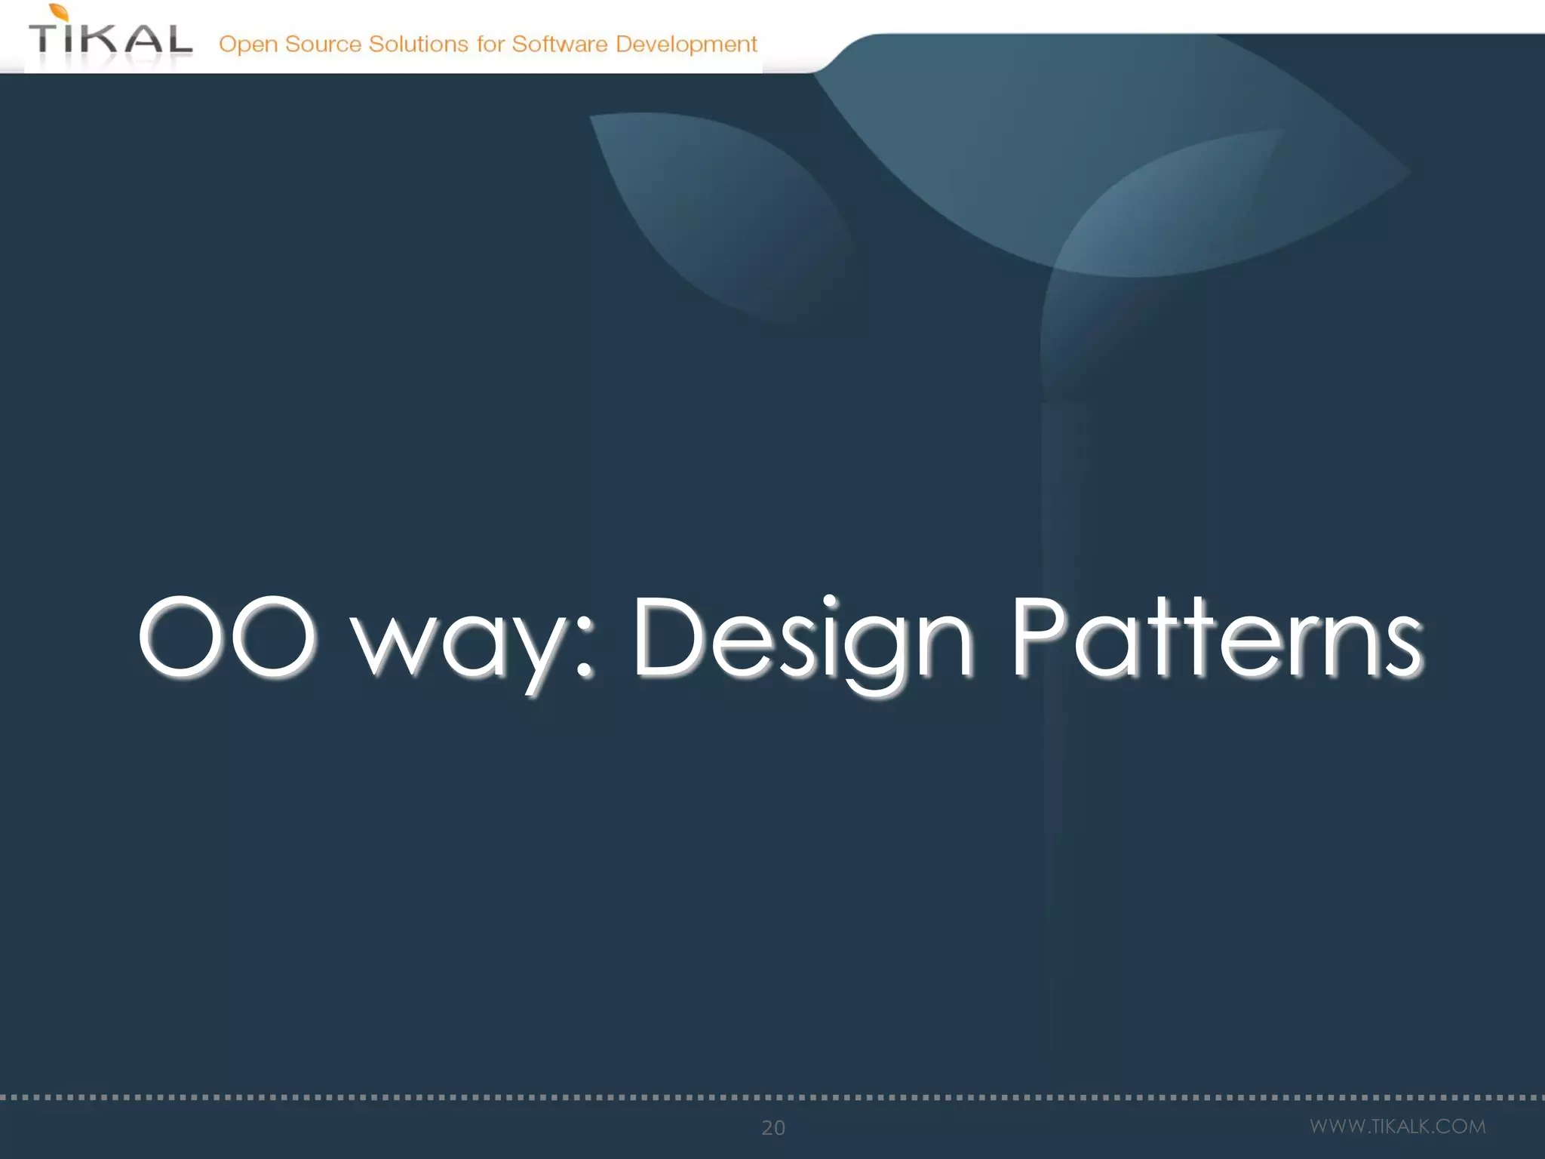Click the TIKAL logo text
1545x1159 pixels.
[111, 39]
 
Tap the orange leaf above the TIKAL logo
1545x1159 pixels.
[60, 11]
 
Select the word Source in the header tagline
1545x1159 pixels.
[323, 45]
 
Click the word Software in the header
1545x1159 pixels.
[559, 44]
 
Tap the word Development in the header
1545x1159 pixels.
[686, 45]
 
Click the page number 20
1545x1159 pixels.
[773, 1127]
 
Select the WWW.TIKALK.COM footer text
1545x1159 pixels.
[1397, 1127]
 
